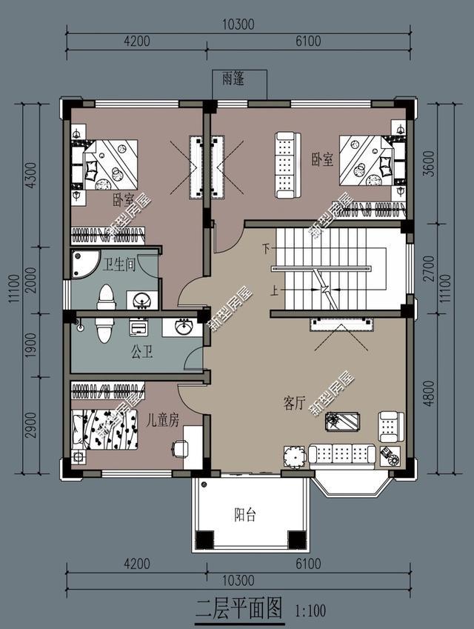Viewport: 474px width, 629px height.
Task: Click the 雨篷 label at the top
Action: pos(233,78)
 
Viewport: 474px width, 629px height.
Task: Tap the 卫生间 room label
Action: pos(119,264)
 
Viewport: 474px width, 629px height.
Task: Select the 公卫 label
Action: pos(142,350)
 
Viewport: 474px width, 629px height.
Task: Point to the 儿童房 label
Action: pos(163,420)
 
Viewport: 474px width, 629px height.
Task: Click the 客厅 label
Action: pos(295,402)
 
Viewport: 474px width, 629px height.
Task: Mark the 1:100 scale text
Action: pos(310,611)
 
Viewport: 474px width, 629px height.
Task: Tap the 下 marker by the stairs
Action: pos(265,249)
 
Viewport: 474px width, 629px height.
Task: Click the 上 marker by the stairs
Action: pos(276,291)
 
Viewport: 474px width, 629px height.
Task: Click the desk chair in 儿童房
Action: pos(178,448)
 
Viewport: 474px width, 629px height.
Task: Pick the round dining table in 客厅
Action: pos(294,456)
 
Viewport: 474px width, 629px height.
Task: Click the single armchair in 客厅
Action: pos(389,426)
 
